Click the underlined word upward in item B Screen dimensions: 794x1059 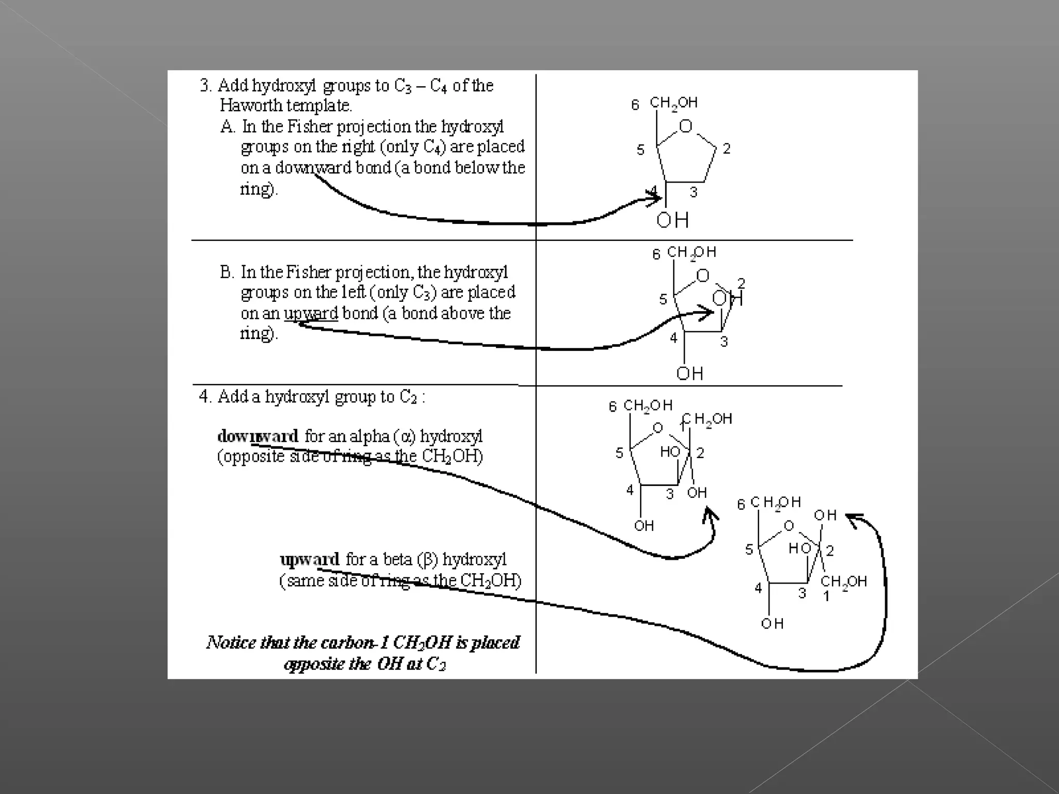pos(311,313)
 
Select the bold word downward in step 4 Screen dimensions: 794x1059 pos(258,436)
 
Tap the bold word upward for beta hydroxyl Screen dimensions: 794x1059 pos(309,560)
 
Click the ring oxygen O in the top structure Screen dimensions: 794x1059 pos(685,126)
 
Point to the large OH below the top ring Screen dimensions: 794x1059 pos(672,220)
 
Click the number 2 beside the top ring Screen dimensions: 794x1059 pos(727,149)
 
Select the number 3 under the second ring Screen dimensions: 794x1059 pos(724,342)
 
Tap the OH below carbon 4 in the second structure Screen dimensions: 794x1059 pos(689,373)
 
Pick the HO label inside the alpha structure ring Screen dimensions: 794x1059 pos(670,452)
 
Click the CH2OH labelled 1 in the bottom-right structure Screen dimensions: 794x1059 pos(843,582)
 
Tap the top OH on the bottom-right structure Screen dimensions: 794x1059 pos(825,515)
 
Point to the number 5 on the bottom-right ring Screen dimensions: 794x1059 pos(749,549)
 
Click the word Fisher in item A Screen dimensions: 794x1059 pos(310,127)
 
